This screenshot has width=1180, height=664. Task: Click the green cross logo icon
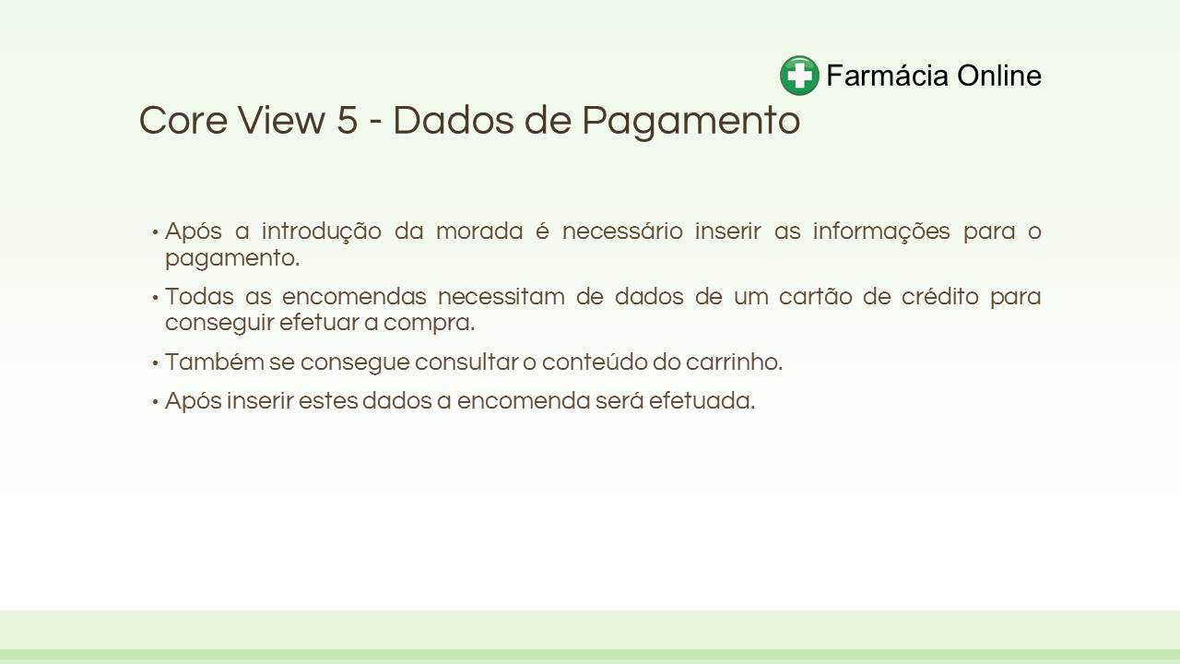(x=799, y=76)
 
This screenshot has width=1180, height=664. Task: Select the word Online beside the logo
(x=999, y=76)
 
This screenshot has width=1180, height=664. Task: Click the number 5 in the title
(x=348, y=120)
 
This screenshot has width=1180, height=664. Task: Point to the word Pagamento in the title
(x=691, y=123)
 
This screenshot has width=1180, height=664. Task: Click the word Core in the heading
(x=183, y=120)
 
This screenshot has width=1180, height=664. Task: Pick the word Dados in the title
(x=453, y=120)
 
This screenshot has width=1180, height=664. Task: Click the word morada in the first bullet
(x=479, y=231)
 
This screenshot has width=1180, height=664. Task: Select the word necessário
(x=622, y=231)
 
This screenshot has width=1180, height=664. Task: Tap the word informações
(x=881, y=231)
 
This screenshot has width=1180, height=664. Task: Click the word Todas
(x=199, y=296)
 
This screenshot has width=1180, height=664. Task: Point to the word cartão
(x=816, y=296)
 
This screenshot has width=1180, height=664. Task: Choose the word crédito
(x=940, y=296)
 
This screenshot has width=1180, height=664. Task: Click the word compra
(x=429, y=323)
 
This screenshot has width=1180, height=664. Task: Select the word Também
(x=215, y=362)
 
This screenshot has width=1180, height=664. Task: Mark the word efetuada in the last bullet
(x=702, y=401)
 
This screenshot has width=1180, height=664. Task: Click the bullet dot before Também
(x=156, y=363)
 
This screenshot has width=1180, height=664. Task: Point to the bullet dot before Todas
(x=156, y=298)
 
